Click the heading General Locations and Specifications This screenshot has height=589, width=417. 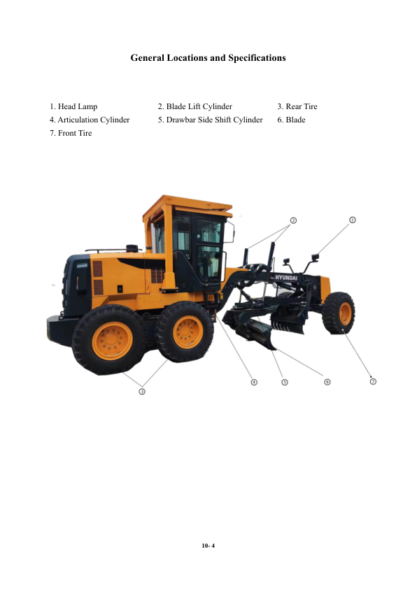coord(208,58)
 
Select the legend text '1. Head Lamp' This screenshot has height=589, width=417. coord(73,107)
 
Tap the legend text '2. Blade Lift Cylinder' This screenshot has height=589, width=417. coord(195,107)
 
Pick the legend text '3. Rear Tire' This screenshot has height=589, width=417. coord(297,107)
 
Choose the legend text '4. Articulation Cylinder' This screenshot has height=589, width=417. coord(90,120)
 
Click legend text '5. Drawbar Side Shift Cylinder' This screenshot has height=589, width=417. coord(211,120)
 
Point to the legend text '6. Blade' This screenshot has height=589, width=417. coord(291,120)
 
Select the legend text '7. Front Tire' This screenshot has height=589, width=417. coord(71,133)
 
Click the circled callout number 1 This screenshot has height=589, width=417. coord(353,220)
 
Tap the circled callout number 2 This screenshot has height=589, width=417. coord(293,220)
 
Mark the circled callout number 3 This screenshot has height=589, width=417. coord(142,392)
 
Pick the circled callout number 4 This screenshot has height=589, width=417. coord(254,382)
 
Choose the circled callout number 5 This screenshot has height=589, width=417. coord(285,382)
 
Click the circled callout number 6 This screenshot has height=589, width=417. coord(327,382)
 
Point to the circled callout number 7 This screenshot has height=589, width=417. coord(373,381)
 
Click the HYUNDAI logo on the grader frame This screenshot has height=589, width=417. coord(285,278)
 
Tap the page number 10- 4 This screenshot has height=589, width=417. coord(208,546)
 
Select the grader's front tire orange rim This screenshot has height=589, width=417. coord(345,313)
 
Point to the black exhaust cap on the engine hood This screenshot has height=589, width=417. coord(132,248)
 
